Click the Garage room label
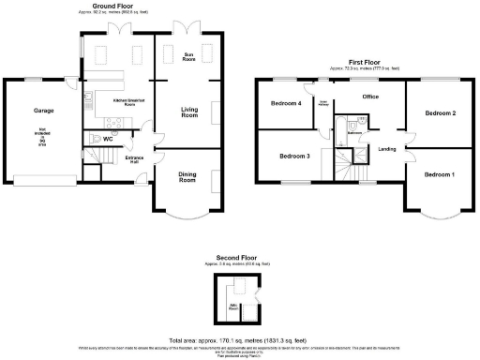[x=44, y=111]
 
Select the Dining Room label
[x=188, y=175]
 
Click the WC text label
[x=109, y=139]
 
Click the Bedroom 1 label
[x=438, y=174]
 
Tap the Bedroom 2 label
[x=440, y=113]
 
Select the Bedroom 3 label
[x=293, y=156]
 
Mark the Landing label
[x=385, y=149]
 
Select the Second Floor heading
[x=236, y=257]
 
